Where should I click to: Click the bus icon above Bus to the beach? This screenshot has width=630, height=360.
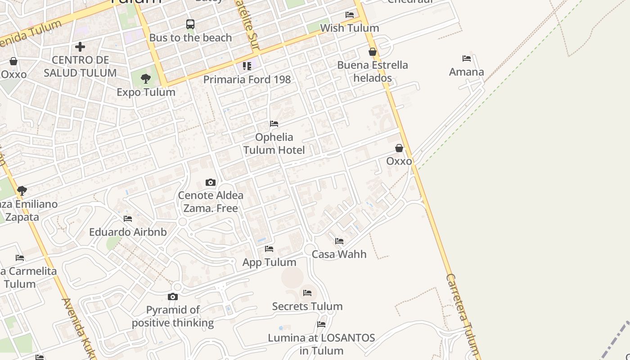pyautogui.click(x=190, y=24)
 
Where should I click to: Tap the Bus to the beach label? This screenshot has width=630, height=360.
pyautogui.click(x=190, y=38)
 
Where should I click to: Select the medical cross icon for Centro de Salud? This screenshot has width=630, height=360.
pyautogui.click(x=80, y=46)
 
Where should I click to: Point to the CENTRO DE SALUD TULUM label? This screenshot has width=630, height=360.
pyautogui.click(x=80, y=66)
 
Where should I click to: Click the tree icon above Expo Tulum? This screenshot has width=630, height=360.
pyautogui.click(x=145, y=79)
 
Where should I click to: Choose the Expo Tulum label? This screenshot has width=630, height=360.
pyautogui.click(x=146, y=92)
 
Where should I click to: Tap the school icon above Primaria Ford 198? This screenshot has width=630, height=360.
pyautogui.click(x=247, y=66)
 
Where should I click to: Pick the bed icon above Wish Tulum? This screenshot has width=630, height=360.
pyautogui.click(x=349, y=15)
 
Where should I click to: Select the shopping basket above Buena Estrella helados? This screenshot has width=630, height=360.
pyautogui.click(x=373, y=52)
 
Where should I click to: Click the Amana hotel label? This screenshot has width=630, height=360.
pyautogui.click(x=467, y=72)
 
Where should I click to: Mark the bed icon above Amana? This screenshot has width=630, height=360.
pyautogui.click(x=467, y=58)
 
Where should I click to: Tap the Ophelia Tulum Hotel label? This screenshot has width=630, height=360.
pyautogui.click(x=274, y=144)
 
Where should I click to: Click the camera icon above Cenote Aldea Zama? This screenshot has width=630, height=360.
pyautogui.click(x=210, y=182)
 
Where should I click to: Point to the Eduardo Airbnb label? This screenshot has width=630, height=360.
pyautogui.click(x=128, y=232)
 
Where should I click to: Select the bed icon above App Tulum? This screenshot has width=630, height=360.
pyautogui.click(x=269, y=249)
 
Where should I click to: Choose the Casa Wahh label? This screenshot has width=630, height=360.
pyautogui.click(x=339, y=254)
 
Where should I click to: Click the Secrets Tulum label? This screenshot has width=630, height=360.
pyautogui.click(x=307, y=306)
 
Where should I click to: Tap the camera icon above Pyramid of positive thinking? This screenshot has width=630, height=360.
pyautogui.click(x=173, y=297)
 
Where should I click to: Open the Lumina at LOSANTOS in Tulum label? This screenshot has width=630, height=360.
pyautogui.click(x=321, y=344)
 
